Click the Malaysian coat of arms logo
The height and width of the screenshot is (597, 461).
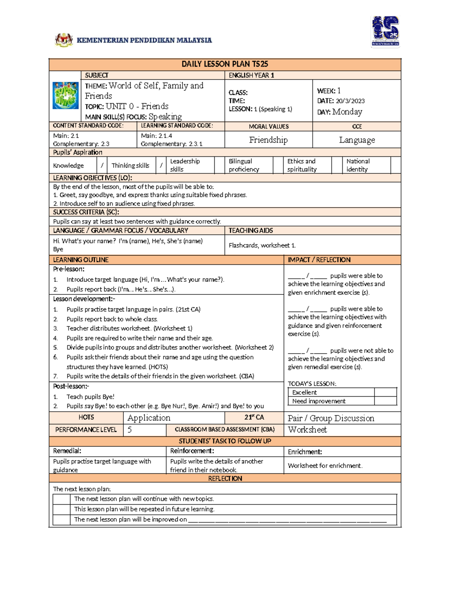tap(64, 40)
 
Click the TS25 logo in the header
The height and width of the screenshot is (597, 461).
tap(385, 32)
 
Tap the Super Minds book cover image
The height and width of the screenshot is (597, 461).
tap(65, 95)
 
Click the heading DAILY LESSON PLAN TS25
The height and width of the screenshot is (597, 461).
tap(225, 64)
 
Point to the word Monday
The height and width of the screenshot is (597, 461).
tap(347, 112)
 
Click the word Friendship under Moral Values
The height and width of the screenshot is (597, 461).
tap(268, 140)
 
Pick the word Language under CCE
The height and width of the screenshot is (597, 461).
tap(357, 140)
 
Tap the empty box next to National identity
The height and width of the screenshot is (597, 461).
tap(395, 165)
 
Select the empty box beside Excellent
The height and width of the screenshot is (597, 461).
tap(385, 392)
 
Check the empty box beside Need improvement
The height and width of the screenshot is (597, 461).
tap(385, 401)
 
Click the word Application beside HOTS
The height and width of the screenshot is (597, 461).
tap(149, 418)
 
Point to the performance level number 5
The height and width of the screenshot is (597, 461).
tap(129, 430)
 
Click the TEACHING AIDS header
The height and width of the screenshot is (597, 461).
tap(251, 231)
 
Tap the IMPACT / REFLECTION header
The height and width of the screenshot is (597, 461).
tap(319, 260)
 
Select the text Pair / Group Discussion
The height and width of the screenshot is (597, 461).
tap(331, 418)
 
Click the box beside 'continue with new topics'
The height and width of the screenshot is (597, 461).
tap(61, 499)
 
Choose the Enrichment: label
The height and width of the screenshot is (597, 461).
tap(305, 452)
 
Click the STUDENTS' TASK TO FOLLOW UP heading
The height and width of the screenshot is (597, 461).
tap(225, 441)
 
